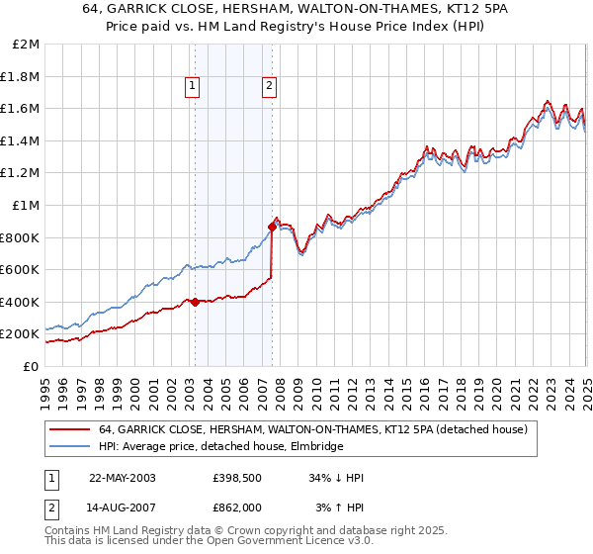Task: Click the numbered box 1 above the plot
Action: tap(194, 87)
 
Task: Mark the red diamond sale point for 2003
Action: tap(195, 303)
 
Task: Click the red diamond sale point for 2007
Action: tap(271, 228)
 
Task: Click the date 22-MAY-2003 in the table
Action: tap(123, 478)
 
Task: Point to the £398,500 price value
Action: tap(237, 478)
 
